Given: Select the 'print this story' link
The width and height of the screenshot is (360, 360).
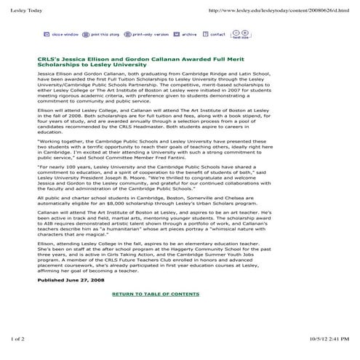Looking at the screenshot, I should [101, 34].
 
